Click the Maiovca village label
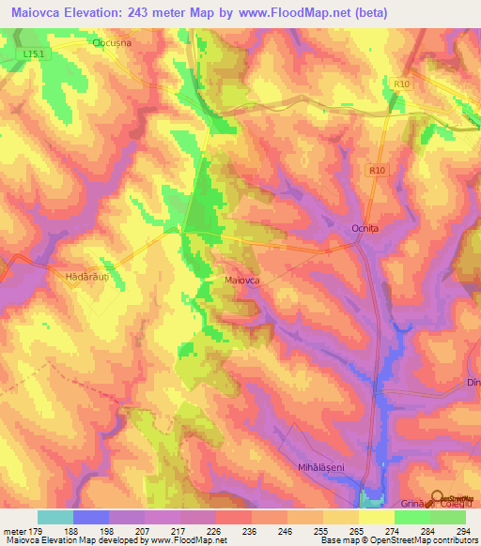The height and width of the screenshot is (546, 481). pos(242,280)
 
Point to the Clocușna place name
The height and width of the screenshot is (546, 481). pos(117,43)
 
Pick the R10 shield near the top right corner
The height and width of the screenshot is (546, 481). pos(402,84)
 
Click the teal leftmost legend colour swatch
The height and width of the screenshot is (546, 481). pos(54,517)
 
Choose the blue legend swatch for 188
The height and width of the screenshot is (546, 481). pos(91,517)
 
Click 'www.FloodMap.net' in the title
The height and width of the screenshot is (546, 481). pos(293,12)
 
